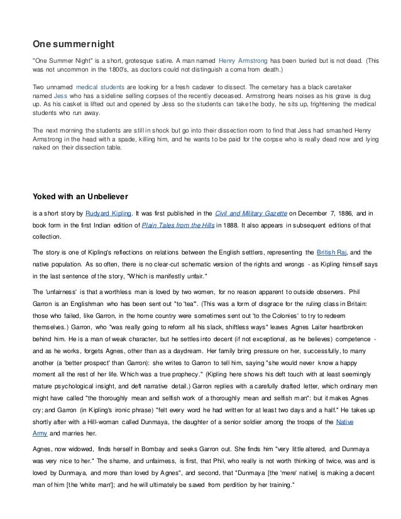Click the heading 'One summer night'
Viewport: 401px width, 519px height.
73,45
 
